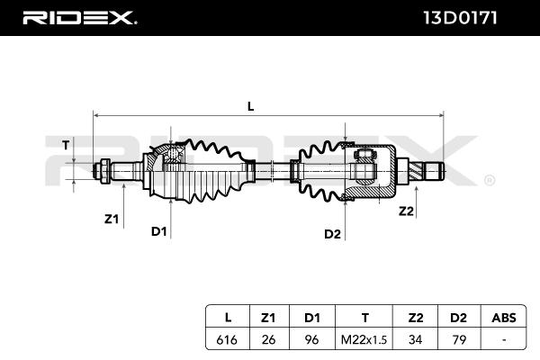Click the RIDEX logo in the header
pos(79,17)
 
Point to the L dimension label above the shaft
pos(251,106)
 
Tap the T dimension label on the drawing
pos(65,144)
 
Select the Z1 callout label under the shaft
pos(112,218)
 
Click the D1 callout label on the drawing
pos(159,231)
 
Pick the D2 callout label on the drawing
pos(332,234)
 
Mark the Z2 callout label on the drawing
pos(406,211)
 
